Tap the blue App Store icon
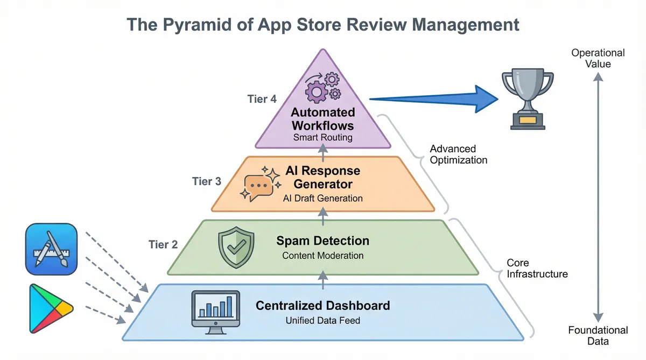pos(51,249)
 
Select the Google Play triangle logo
pos(50,308)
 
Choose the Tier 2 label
pos(163,244)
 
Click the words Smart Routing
pos(322,137)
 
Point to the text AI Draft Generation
pos(322,198)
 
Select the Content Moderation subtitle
pos(322,255)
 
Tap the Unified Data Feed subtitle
pos(322,321)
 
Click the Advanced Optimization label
pos(459,154)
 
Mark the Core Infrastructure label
pos(537,268)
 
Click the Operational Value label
pos(598,58)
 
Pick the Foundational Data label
pos(598,335)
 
